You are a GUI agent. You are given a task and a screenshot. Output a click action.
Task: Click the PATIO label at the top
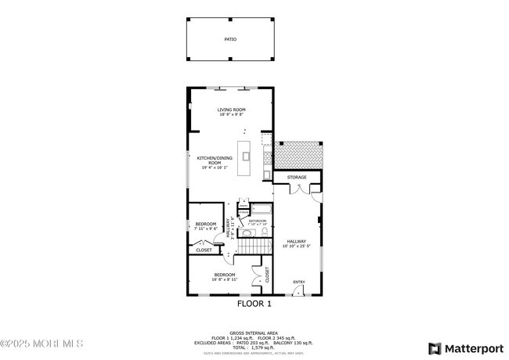pos(230,38)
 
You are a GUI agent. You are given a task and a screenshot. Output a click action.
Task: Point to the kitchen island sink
pos(246,156)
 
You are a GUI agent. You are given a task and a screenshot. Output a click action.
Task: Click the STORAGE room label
pos(297,178)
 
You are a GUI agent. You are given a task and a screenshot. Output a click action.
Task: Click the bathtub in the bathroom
pos(260,210)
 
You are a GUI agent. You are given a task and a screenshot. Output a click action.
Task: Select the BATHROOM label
pos(258,221)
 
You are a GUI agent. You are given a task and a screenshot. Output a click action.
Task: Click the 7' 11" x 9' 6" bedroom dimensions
pos(206,229)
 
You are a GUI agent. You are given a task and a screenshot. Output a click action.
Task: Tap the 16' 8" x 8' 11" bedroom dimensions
pos(226,279)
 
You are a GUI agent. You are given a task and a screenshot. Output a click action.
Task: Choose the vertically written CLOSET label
pos(267,274)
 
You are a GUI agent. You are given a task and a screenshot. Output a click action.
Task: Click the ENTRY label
pos(299,282)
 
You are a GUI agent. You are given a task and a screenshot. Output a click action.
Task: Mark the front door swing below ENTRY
pos(298,290)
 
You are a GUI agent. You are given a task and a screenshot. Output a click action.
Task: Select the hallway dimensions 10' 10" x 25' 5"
pos(297,246)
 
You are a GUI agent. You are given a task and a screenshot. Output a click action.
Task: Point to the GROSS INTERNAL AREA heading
pos(254,332)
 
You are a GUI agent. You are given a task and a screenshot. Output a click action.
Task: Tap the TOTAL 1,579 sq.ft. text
pos(254,347)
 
